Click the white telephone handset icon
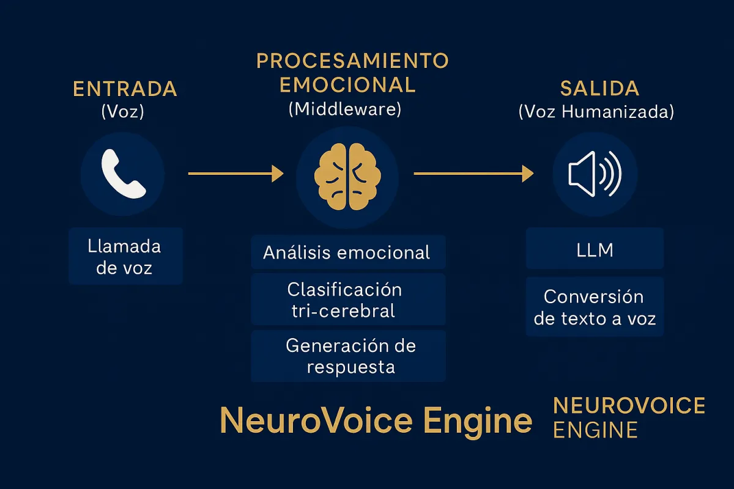pos(123,174)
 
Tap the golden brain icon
pos(347,177)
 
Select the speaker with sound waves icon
pos(595,174)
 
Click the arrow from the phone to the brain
pos(236,174)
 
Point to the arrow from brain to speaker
pos(474,174)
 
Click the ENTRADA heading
pos(125,89)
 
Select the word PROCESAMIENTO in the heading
pos(352,61)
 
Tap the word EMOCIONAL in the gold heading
pos(347,85)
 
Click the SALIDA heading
pos(599,89)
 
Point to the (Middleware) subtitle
pos(345,109)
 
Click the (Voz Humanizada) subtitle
pos(596,111)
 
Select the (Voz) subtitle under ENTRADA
pos(123,111)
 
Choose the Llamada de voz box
pos(125,256)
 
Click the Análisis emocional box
pos(348,252)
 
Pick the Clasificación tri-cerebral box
pos(348,300)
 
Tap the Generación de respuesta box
pos(348,356)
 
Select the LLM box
pos(595,249)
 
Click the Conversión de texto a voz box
pos(595,307)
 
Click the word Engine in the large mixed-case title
pos(478,422)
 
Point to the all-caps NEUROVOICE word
pos(629,405)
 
